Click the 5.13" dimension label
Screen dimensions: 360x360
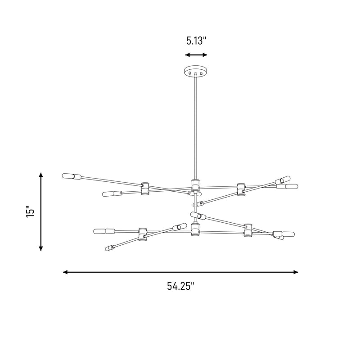click(196, 41)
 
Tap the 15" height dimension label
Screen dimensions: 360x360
click(30, 211)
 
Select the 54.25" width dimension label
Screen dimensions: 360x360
click(181, 286)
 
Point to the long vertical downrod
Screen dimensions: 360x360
click(196, 126)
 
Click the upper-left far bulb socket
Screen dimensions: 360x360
click(72, 176)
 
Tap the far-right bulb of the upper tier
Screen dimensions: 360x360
click(287, 186)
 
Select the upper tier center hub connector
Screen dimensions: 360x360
click(195, 185)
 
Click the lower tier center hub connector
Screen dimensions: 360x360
click(195, 229)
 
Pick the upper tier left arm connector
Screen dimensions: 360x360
click(145, 189)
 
